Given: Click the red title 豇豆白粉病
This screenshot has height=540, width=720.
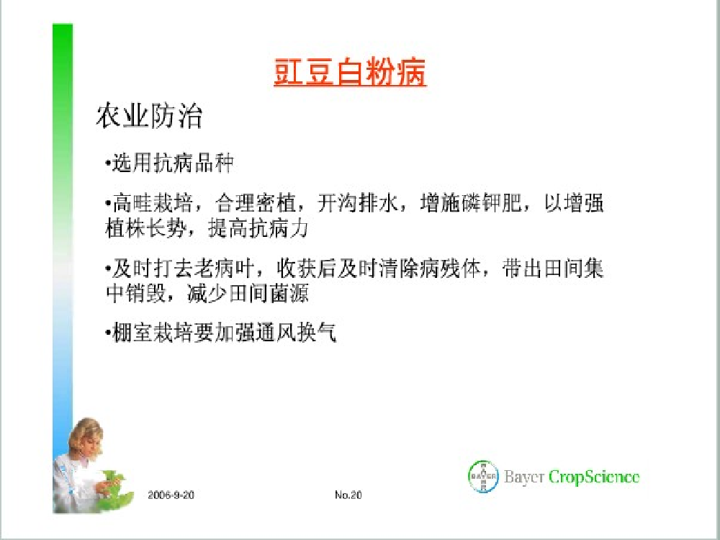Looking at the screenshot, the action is tap(350, 72).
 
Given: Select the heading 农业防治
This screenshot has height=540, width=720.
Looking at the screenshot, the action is tap(149, 115).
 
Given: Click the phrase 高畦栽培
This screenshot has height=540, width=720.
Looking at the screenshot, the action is tap(151, 203).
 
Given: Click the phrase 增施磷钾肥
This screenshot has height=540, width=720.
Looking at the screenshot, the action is tap(471, 203).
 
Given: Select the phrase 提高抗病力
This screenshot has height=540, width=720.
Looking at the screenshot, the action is tap(258, 228).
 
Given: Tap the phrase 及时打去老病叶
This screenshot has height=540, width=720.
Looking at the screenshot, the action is tap(183, 269).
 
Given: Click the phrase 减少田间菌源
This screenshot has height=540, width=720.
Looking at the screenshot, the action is tap(248, 294).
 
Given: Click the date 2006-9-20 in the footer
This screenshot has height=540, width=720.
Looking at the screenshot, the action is tap(171, 495).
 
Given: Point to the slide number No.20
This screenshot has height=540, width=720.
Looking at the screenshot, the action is tap(348, 495).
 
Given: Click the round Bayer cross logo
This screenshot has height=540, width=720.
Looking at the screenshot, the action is tap(483, 477).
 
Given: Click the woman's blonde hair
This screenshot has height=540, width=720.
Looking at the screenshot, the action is tap(86, 434).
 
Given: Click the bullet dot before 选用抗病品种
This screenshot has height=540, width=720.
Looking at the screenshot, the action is tap(107, 163).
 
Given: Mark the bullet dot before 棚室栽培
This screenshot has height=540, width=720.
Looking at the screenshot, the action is tap(107, 333).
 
